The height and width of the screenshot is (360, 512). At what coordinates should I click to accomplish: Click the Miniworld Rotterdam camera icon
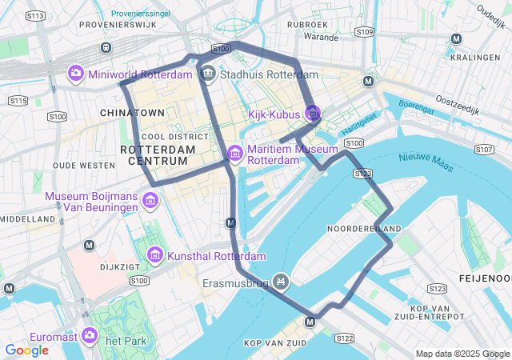coord(76,74)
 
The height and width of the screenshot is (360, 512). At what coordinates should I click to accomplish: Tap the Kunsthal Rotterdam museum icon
coord(155,257)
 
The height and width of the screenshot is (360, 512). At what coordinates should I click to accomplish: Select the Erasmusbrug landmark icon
coord(279,282)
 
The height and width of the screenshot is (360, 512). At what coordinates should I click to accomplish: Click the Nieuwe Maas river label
coord(425,162)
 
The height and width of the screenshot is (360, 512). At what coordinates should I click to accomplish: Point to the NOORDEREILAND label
coord(364,229)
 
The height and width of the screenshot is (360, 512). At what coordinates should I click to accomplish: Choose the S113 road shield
coord(35,15)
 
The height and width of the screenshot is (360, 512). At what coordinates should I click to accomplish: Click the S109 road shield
coord(364,32)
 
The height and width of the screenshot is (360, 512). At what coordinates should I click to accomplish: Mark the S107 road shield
coord(483,150)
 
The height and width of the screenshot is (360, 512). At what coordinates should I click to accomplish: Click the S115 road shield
coord(18,100)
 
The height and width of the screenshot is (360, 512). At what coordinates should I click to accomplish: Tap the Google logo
coord(26,350)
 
